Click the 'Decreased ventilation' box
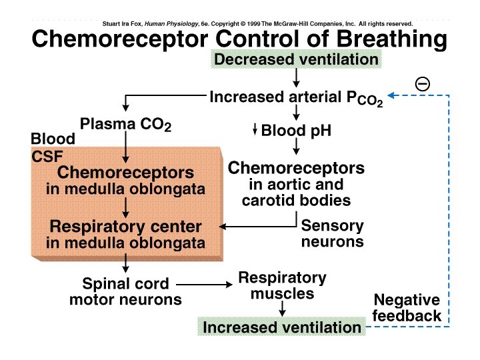click(x=296, y=59)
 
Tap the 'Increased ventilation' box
click(x=281, y=327)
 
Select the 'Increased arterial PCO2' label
click(x=296, y=98)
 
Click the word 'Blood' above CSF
click(x=53, y=139)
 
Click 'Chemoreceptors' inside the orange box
click(x=125, y=173)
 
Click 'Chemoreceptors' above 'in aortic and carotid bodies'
click(x=296, y=167)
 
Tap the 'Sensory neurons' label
click(x=333, y=233)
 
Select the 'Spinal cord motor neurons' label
click(x=125, y=291)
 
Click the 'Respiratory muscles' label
click(x=282, y=285)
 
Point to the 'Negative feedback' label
click(x=407, y=307)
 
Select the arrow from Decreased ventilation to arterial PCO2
click(x=296, y=79)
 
